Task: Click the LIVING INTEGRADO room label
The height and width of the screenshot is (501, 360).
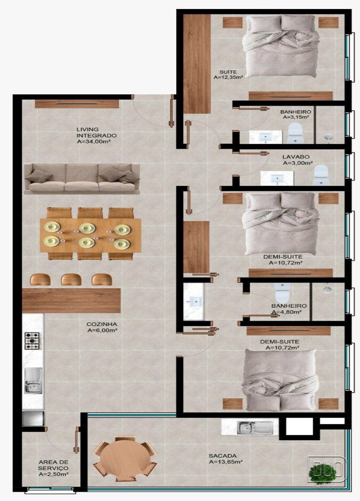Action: [96, 132]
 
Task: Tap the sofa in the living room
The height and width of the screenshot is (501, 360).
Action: [82, 179]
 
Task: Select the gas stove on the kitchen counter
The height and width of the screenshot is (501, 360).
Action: [32, 341]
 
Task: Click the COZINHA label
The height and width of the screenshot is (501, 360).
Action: [102, 324]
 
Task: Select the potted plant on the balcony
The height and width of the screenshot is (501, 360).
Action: [322, 474]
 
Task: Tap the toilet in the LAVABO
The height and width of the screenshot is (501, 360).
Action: [321, 175]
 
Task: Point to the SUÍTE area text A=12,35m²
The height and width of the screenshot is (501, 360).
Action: [228, 77]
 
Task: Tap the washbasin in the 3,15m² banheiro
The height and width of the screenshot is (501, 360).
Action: [266, 137]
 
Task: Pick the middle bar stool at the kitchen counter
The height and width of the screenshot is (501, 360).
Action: [71, 279]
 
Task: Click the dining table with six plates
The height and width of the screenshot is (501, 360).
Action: [90, 235]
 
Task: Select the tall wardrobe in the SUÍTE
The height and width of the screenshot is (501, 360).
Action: [197, 64]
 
